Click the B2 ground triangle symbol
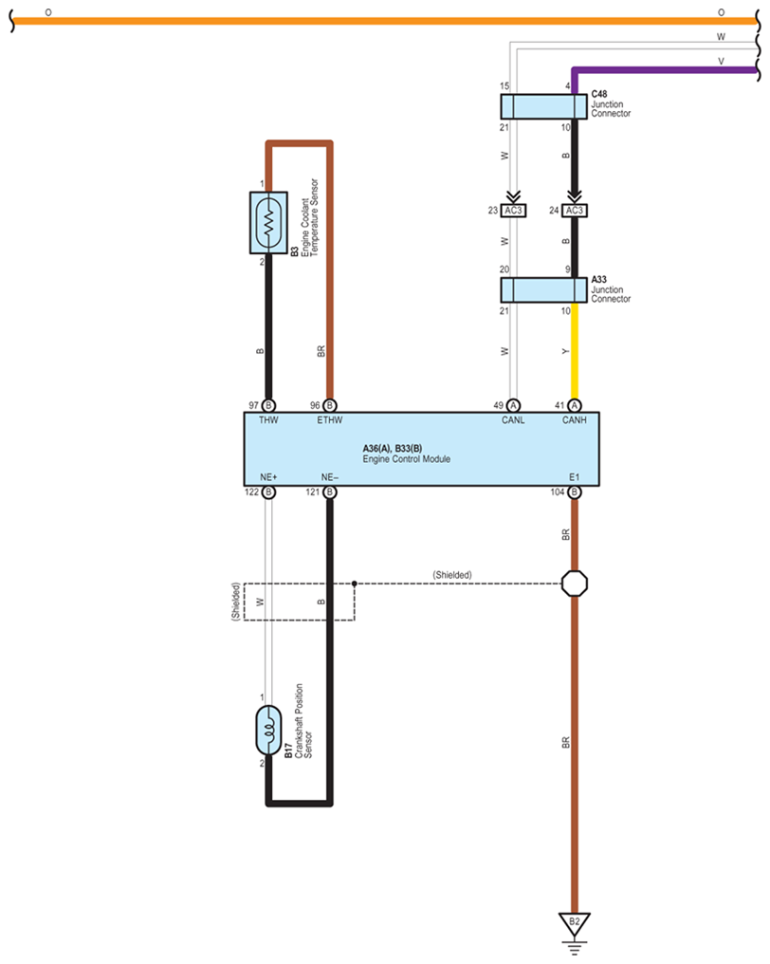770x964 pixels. click(574, 924)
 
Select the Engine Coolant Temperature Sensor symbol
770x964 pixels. click(268, 223)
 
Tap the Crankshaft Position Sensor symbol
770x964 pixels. click(268, 731)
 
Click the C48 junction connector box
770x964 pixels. click(544, 106)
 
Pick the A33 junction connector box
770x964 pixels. click(544, 290)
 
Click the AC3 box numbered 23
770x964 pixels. click(513, 211)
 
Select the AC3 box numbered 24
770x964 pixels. click(574, 211)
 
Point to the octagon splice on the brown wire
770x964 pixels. click(575, 584)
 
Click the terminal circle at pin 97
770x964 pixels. click(268, 406)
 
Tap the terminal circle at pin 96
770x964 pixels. click(329, 406)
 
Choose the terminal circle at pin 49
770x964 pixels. click(513, 406)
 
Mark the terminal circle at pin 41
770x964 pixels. click(574, 406)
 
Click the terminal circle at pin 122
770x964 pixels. click(268, 491)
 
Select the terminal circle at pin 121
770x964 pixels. click(329, 491)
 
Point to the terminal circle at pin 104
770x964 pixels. click(574, 491)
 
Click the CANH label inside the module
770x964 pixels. click(574, 420)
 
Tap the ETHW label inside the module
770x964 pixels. click(329, 420)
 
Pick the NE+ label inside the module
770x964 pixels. click(268, 477)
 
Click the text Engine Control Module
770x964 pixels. click(406, 459)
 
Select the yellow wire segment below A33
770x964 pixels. click(575, 351)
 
